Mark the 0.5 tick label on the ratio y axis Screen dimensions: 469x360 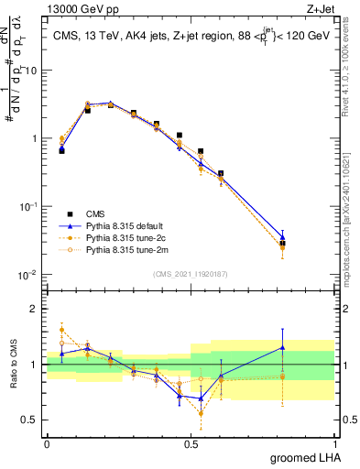[31, 420]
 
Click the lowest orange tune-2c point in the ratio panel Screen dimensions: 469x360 [201, 413]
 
